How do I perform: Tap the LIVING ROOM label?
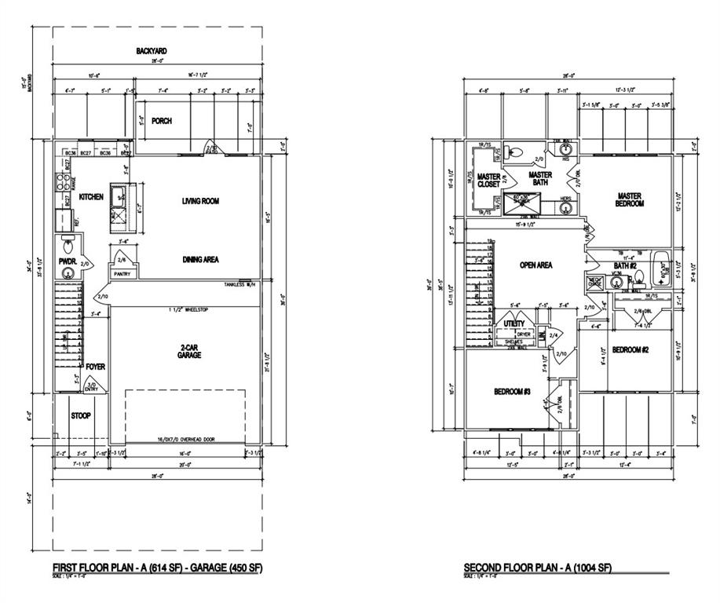pos(200,201)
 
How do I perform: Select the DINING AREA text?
pos(201,259)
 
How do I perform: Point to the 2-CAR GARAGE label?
pos(189,350)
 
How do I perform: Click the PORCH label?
pos(162,121)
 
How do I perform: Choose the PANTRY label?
pos(121,274)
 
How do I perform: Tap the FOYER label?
pos(95,367)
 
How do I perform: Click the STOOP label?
pos(80,415)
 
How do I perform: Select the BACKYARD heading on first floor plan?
pos(151,51)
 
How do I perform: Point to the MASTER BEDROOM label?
pos(630,199)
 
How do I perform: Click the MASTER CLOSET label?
pos(488,180)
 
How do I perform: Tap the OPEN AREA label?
pos(535,265)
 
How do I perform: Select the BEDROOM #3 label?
pos(514,392)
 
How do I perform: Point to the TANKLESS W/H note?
pos(241,284)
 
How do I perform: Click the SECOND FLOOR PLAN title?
pos(537,568)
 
